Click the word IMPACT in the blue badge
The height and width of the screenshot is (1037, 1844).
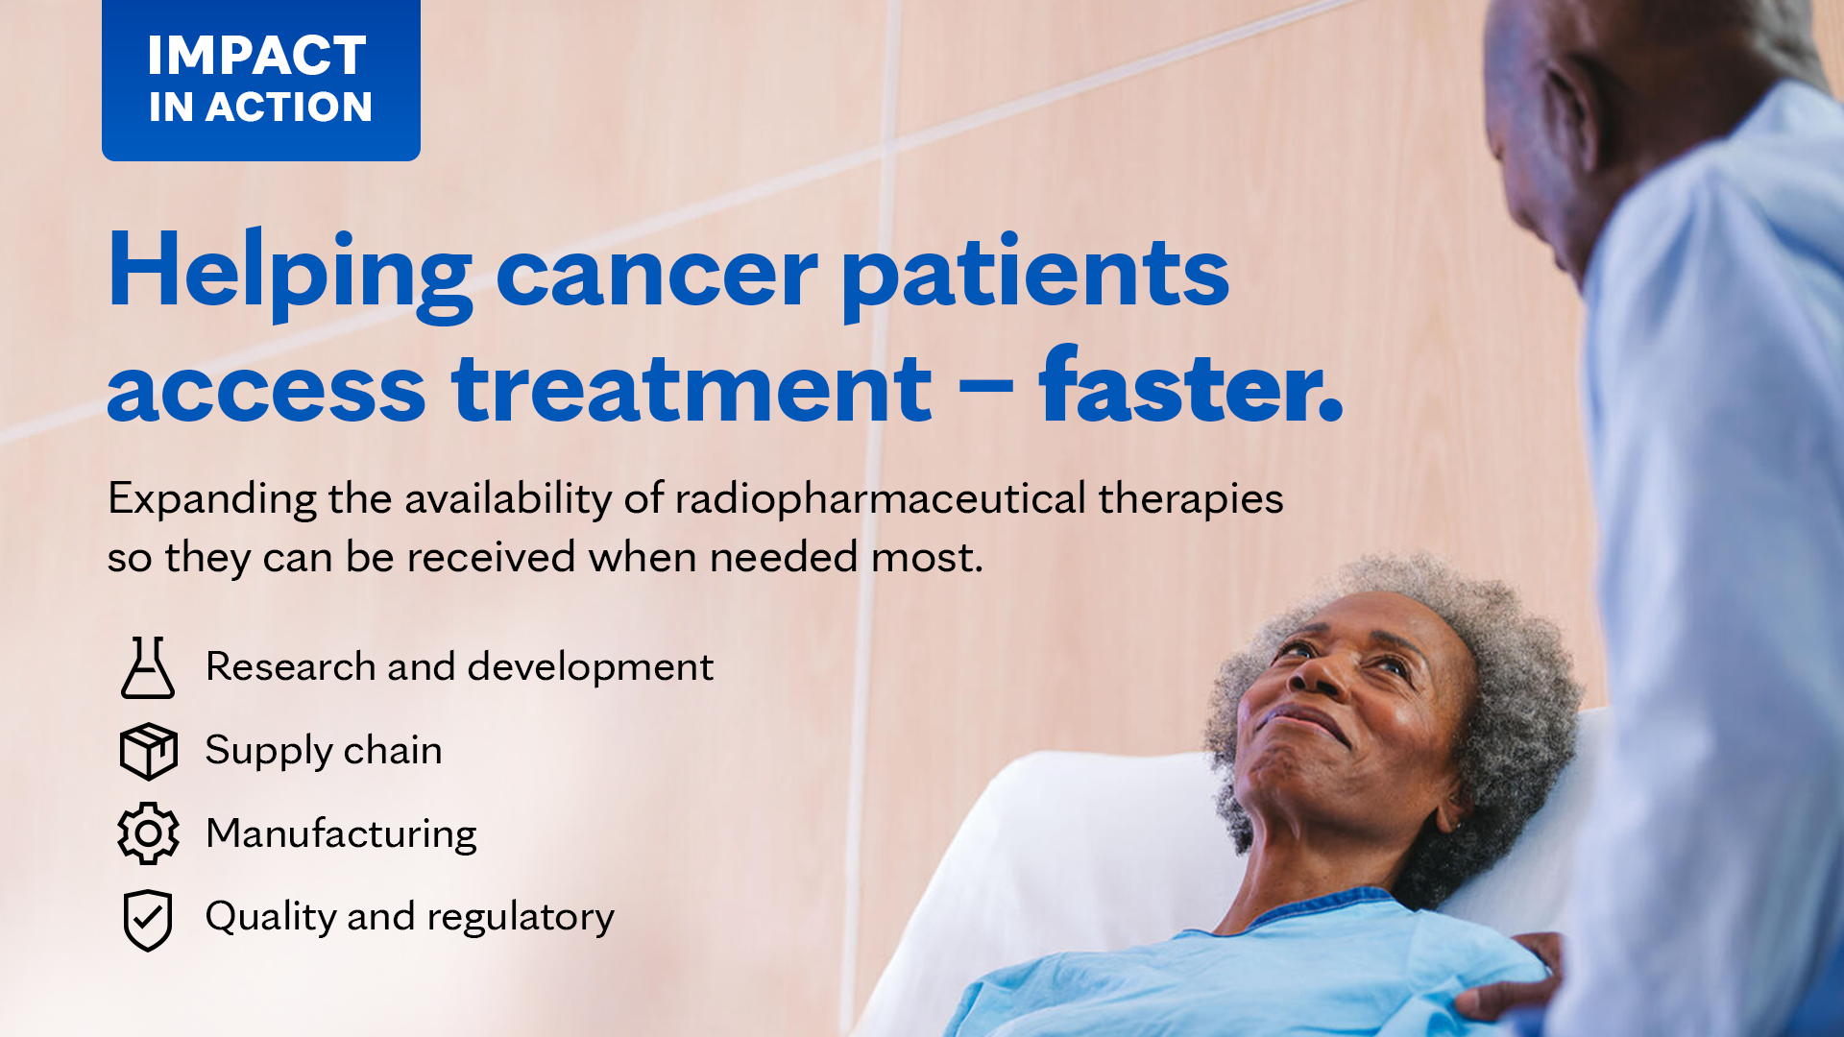pos(256,56)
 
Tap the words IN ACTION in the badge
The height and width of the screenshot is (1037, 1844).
pos(260,108)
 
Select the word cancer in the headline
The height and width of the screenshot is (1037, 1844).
pos(657,277)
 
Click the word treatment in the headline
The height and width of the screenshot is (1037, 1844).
pos(691,388)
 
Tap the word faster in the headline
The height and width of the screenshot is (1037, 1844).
pos(1191,384)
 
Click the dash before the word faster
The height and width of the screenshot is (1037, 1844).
pos(985,389)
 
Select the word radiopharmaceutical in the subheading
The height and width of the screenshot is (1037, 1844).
pos(881,499)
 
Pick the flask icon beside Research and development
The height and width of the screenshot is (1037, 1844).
pos(148,667)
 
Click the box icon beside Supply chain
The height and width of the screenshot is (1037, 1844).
pos(148,751)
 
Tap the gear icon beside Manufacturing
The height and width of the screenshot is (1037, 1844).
pos(148,833)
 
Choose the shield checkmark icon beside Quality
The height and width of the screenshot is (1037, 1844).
pos(148,921)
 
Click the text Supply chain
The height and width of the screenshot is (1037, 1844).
pos(324,751)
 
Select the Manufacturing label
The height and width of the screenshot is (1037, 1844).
pos(341,833)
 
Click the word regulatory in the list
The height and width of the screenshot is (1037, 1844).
pos(521,919)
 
